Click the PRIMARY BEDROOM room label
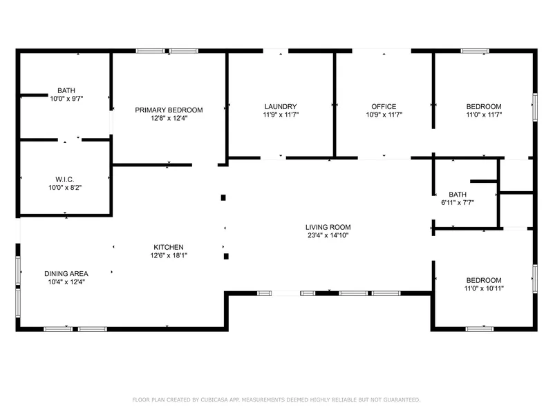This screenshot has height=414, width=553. (x=169, y=110)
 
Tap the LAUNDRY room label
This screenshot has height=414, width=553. (x=281, y=107)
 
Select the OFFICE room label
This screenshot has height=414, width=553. (x=384, y=107)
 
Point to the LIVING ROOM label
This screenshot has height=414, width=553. (x=328, y=228)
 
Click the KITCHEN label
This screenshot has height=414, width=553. (x=169, y=248)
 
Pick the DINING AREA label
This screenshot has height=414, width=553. (x=66, y=274)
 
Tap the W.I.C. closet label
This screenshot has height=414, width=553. (x=65, y=180)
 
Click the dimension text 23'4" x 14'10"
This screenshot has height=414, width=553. (x=328, y=235)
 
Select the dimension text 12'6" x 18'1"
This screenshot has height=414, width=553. (x=169, y=255)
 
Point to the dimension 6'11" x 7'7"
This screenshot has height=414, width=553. (x=458, y=203)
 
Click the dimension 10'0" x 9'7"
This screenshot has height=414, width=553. (x=66, y=99)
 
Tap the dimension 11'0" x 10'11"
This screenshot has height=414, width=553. (x=484, y=288)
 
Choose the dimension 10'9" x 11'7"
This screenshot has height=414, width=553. (x=384, y=115)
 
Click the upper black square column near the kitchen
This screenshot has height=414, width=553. (x=223, y=198)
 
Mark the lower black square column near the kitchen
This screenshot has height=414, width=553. (x=226, y=256)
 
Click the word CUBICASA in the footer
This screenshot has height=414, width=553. (x=214, y=400)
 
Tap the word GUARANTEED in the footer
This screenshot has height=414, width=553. (x=402, y=400)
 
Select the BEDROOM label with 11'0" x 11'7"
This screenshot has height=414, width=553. (x=484, y=107)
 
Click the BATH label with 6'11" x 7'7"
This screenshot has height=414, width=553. (x=458, y=195)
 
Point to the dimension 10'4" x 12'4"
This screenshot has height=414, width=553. (x=66, y=282)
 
